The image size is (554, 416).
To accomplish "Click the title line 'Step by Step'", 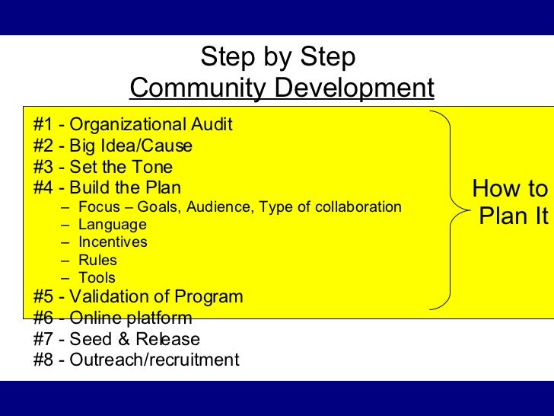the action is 278,57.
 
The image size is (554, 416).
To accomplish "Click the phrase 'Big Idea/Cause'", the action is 131,146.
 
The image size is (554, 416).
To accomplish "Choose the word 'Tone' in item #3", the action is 154,168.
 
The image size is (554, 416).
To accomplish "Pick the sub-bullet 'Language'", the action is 113,225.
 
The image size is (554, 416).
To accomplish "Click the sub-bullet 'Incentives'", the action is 113,242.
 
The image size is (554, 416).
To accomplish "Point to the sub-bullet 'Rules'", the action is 98,261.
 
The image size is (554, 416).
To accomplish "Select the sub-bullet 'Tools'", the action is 97,278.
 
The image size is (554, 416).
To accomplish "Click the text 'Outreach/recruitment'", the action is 154,360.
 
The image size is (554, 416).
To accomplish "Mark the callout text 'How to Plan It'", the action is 510,203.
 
